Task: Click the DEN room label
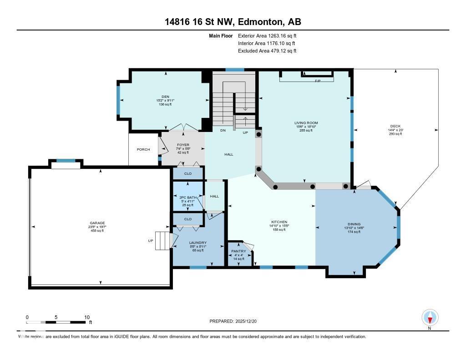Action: click(159, 96)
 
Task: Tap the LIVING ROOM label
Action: click(306, 123)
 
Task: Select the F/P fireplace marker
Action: click(318, 81)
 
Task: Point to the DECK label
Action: click(395, 127)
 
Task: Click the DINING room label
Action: click(354, 224)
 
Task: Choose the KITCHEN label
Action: click(278, 222)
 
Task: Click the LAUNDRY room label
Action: click(198, 243)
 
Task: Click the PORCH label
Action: click(143, 149)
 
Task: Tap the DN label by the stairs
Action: click(223, 131)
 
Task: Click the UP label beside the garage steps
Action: click(150, 241)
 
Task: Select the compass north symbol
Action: click(430, 318)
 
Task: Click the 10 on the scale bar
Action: click(87, 317)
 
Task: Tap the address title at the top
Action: click(233, 22)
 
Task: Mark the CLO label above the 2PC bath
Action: click(187, 173)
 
